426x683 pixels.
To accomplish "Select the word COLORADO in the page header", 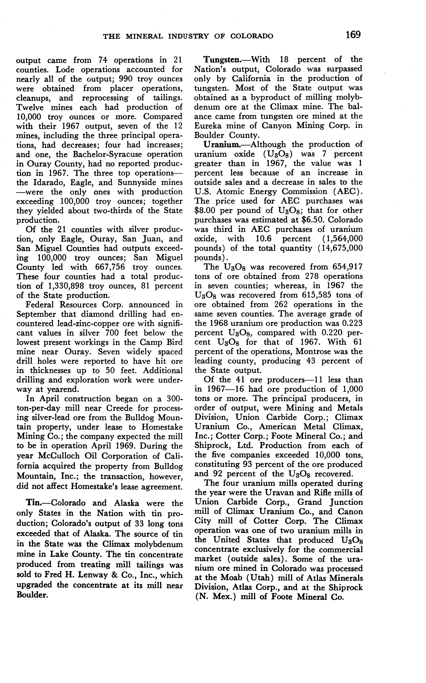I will [252, 36].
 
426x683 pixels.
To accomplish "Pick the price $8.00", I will [205, 211].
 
